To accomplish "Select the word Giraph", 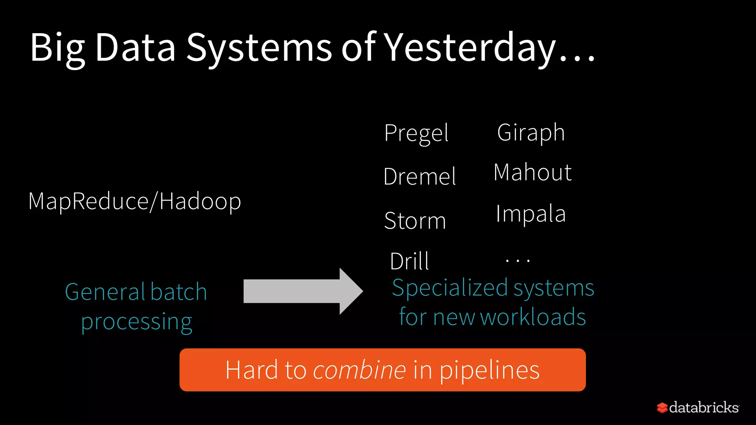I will [x=531, y=132].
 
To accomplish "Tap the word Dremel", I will [x=420, y=176].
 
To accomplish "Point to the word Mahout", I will [x=533, y=172].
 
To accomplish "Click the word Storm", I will [x=415, y=221].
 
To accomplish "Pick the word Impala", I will [x=530, y=214].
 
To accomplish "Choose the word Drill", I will [x=409, y=261].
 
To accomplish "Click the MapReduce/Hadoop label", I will [x=135, y=201].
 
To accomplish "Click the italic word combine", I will [x=359, y=370].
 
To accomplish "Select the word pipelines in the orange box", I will [x=489, y=370].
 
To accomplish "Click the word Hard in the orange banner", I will [x=251, y=370].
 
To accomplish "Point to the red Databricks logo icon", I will [x=662, y=408].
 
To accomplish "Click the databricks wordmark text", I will [x=704, y=407].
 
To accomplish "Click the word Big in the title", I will [x=58, y=48].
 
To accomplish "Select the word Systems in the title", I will [x=259, y=48].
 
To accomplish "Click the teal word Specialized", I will [x=449, y=288].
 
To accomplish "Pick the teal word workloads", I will [x=533, y=317].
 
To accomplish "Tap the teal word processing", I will [x=137, y=322].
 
